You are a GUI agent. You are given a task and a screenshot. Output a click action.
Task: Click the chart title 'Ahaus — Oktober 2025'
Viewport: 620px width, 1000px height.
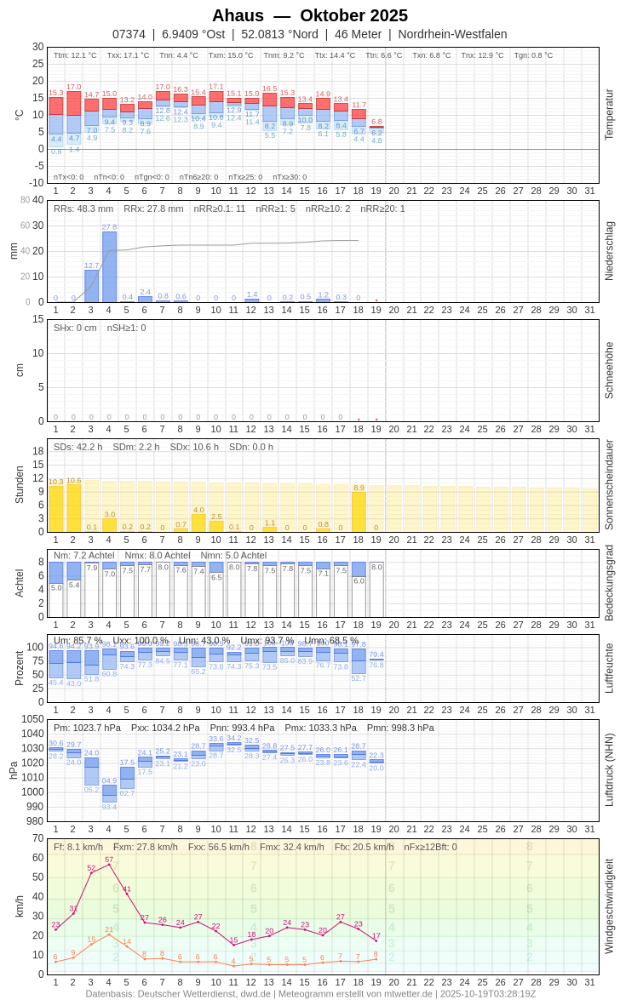click(x=310, y=15)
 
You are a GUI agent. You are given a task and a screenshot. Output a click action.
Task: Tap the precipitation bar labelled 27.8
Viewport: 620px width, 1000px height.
click(x=109, y=267)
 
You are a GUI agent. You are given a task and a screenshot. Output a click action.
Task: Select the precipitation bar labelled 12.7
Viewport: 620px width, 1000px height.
click(x=91, y=286)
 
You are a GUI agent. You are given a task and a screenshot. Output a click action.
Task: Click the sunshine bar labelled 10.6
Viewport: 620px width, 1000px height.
click(x=73, y=509)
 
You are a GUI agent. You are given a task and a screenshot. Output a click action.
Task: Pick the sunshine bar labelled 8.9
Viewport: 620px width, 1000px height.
click(x=359, y=512)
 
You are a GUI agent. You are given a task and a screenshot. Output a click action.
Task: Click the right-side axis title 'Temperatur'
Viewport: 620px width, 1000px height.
click(x=609, y=114)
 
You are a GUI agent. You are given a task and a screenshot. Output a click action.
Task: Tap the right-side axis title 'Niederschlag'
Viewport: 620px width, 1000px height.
click(x=609, y=251)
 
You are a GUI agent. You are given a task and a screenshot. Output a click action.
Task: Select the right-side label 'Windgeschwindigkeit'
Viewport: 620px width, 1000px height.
click(x=609, y=906)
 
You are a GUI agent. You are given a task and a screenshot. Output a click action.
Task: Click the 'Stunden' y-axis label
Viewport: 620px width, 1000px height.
click(x=19, y=484)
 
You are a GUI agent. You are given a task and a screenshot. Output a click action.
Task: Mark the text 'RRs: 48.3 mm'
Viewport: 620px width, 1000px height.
click(x=83, y=209)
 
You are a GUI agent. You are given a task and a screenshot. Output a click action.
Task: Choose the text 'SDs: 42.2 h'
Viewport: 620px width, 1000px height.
click(x=77, y=447)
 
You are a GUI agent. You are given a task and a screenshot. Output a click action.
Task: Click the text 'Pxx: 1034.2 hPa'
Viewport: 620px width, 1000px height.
click(x=165, y=728)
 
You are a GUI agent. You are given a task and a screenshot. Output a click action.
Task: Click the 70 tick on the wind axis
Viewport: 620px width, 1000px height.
click(x=38, y=838)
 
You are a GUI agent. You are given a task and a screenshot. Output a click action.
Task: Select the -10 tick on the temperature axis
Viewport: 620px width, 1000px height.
click(x=36, y=183)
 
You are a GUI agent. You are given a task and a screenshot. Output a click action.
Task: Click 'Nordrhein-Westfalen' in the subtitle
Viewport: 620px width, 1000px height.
click(x=452, y=34)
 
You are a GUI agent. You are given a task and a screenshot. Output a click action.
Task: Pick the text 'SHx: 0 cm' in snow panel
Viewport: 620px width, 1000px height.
click(x=75, y=328)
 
